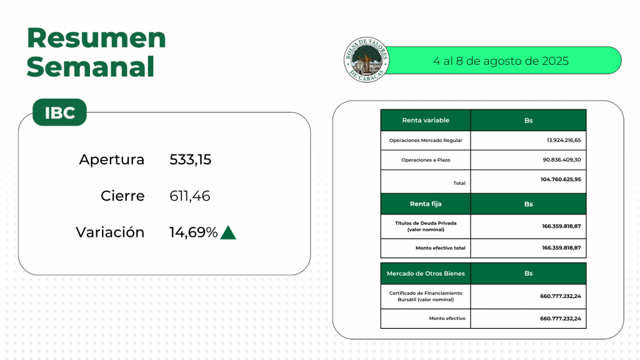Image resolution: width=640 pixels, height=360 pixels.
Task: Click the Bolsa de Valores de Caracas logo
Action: pyautogui.click(x=366, y=60)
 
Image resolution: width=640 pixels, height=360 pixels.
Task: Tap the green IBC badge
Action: pyautogui.click(x=59, y=112)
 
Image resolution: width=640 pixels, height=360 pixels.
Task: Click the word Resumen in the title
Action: pyautogui.click(x=96, y=38)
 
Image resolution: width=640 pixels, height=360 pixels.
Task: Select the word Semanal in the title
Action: pyautogui.click(x=91, y=67)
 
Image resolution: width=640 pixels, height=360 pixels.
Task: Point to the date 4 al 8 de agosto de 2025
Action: pyautogui.click(x=501, y=61)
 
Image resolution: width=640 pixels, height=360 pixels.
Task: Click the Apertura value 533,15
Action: pyautogui.click(x=190, y=159)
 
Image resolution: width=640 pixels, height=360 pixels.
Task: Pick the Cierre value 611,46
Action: pyautogui.click(x=190, y=196)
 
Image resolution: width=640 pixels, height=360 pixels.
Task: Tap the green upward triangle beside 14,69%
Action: pyautogui.click(x=228, y=232)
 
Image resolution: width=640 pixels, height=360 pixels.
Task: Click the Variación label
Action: pyautogui.click(x=110, y=232)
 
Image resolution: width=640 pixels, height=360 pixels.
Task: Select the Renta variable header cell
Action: pyautogui.click(x=426, y=120)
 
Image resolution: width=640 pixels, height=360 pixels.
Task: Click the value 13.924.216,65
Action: pyautogui.click(x=564, y=140)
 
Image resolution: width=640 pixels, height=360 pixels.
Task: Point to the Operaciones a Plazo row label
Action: pyautogui.click(x=426, y=160)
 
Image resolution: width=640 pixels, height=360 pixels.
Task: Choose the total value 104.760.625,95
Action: pyautogui.click(x=561, y=179)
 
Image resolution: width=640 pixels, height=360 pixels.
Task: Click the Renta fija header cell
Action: pyautogui.click(x=426, y=204)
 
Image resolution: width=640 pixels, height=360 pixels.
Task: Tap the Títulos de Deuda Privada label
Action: pyautogui.click(x=426, y=226)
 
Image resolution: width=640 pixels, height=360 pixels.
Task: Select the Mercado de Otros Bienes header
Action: pyautogui.click(x=426, y=274)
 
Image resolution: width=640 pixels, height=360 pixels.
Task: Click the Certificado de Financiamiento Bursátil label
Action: pyautogui.click(x=426, y=296)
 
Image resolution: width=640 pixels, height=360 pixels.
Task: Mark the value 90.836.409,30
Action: pyautogui.click(x=562, y=159)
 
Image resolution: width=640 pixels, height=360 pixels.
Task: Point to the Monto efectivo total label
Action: pyautogui.click(x=441, y=247)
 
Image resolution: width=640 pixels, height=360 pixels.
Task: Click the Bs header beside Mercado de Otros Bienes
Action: pyautogui.click(x=529, y=274)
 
